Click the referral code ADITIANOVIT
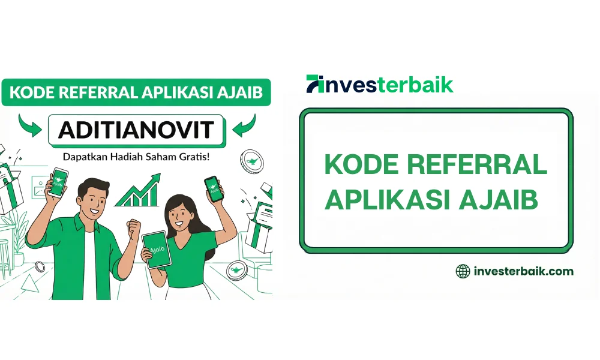coord(136,129)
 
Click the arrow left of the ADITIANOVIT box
coord(31,124)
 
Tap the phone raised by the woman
coord(212,188)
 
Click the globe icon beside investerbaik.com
coord(463,271)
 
